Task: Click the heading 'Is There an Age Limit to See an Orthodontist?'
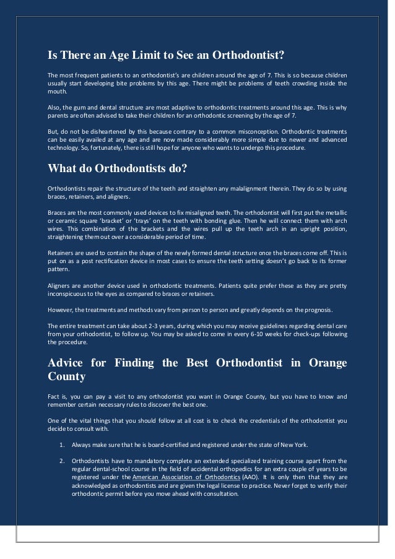click(x=166, y=56)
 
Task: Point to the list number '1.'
click(x=63, y=444)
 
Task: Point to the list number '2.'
click(x=63, y=461)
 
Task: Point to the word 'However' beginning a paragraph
click(x=61, y=310)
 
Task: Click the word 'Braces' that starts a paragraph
click(x=58, y=210)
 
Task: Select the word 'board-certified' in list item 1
click(x=152, y=444)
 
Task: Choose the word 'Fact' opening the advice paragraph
click(x=54, y=395)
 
